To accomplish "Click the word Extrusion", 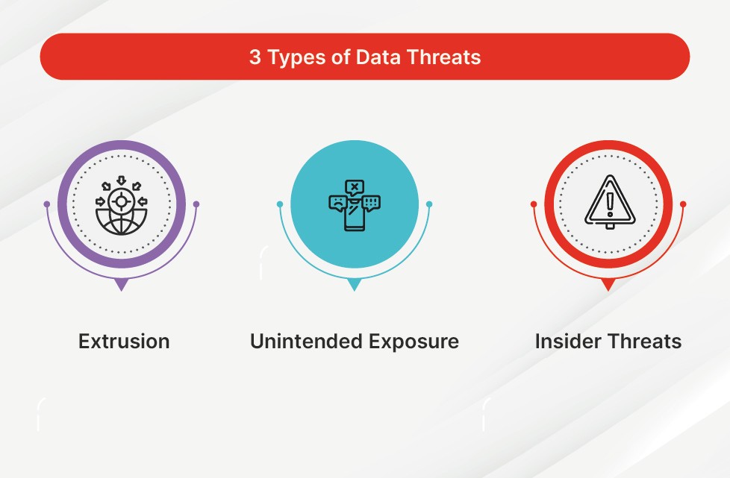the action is (124, 342).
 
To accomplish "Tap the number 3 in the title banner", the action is (255, 57).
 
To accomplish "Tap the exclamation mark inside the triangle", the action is (609, 204).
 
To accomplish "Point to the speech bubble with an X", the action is (355, 187).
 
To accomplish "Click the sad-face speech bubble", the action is (337, 203).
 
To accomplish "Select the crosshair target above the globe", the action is (121, 201).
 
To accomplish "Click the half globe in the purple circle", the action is (121, 221).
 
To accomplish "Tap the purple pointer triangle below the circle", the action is (122, 284).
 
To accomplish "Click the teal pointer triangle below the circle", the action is (355, 284).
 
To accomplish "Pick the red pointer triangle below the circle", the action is (608, 284).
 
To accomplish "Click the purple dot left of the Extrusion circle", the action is (46, 204).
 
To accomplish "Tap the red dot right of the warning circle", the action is (683, 204).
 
